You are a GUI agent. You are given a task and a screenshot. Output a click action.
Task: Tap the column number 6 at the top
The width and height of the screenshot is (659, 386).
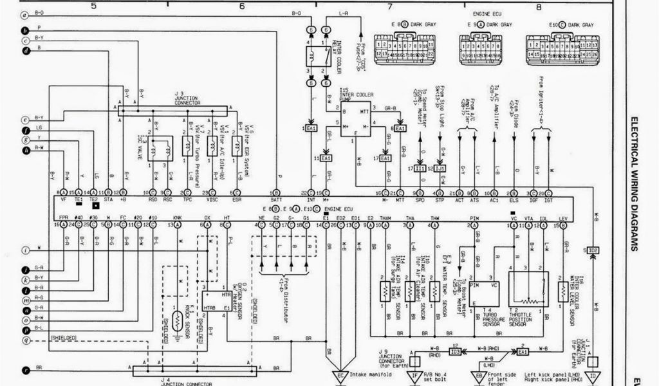pos(242,6)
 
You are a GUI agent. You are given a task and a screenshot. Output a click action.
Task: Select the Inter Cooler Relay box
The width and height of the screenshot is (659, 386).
pos(318,57)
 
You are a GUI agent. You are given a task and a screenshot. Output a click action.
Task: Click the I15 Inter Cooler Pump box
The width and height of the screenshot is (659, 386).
pos(355,118)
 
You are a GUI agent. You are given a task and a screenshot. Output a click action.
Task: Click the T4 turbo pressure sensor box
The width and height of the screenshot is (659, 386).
pos(485,296)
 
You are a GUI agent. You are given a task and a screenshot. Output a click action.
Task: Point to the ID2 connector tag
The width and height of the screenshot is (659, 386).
pos(593,250)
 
